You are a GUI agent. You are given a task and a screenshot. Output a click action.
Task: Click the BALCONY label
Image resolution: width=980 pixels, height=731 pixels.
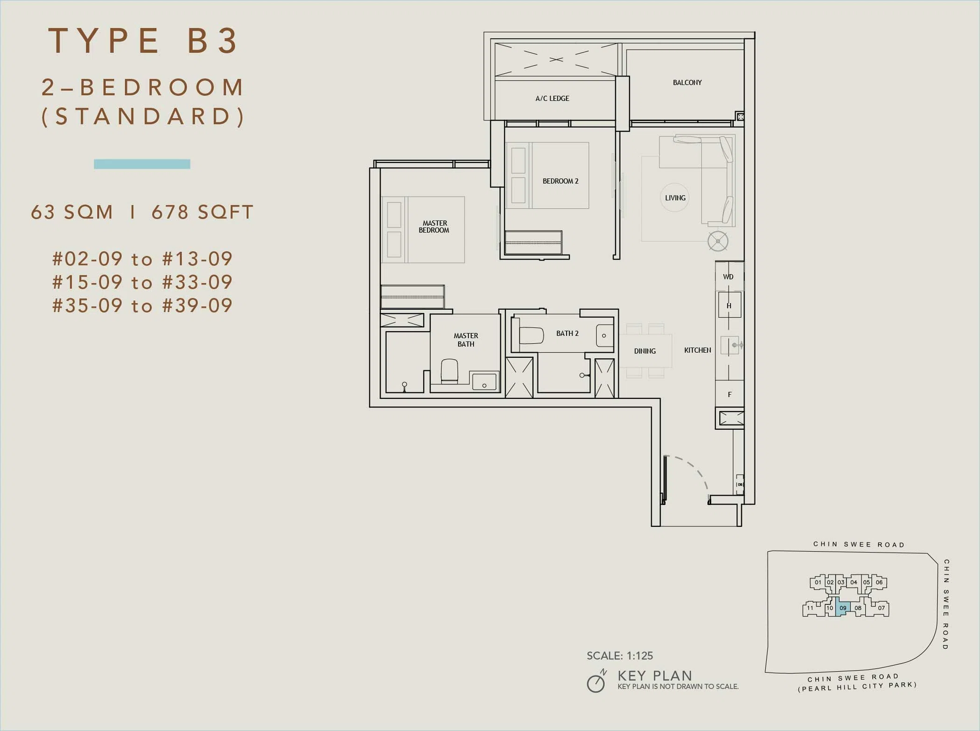click(687, 83)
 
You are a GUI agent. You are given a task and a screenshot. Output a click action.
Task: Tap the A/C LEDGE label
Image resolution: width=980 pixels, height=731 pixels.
click(552, 99)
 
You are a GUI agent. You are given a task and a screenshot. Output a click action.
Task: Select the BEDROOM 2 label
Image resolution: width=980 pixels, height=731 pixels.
click(560, 181)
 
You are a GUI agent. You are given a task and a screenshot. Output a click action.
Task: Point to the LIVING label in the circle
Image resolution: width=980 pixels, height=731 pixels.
click(675, 198)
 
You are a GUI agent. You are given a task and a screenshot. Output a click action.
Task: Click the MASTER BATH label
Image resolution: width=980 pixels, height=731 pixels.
click(466, 340)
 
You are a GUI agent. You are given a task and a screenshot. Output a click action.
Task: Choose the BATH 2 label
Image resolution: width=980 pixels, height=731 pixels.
click(567, 334)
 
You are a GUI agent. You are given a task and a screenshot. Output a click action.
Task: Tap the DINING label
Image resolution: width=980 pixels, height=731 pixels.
click(644, 351)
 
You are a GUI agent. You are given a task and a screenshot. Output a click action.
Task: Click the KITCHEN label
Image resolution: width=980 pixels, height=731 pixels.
click(697, 350)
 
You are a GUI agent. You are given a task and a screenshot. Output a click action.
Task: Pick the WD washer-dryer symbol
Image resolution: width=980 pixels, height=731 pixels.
click(729, 277)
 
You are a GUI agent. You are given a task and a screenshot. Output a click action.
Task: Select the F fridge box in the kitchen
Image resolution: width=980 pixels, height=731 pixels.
click(729, 394)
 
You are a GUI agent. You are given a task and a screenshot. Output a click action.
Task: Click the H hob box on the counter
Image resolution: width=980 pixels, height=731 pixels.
click(729, 305)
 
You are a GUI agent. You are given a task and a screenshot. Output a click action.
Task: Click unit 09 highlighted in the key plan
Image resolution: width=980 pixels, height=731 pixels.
click(843, 607)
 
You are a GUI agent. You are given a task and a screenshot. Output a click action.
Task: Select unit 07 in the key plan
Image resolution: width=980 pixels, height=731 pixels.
click(881, 608)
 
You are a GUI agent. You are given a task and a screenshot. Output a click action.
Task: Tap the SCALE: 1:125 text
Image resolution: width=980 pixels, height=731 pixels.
click(620, 656)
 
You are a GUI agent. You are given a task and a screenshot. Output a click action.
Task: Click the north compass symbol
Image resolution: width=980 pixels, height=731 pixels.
click(596, 681)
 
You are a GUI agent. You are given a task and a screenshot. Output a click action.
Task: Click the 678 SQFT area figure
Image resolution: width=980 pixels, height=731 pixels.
click(203, 212)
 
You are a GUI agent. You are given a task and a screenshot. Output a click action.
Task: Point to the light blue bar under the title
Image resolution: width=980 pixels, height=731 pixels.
click(142, 164)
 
